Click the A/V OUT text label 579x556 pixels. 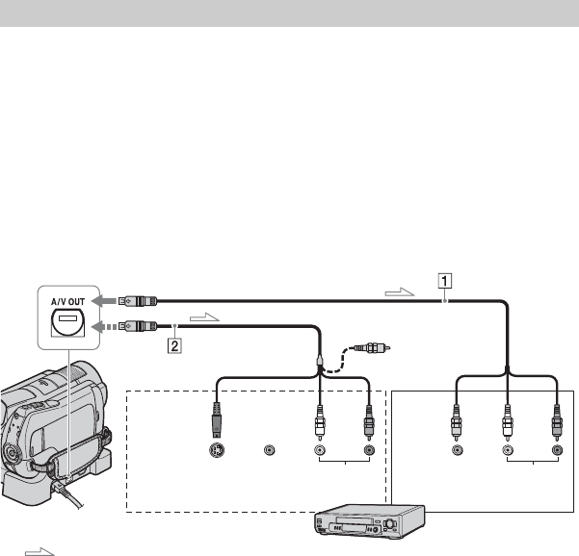click(68, 302)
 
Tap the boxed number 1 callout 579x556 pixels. click(445, 281)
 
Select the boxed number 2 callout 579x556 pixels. click(174, 346)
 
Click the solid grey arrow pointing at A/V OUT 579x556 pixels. click(104, 301)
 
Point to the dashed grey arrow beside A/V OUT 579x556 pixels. click(104, 327)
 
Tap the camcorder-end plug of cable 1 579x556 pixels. click(138, 301)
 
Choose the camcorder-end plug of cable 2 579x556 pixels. click(138, 326)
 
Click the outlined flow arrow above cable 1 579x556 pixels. click(400, 292)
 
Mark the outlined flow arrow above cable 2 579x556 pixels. click(204, 317)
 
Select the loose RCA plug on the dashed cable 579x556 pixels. click(372, 347)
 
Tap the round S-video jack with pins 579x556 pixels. click(217, 450)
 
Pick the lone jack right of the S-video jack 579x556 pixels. click(269, 450)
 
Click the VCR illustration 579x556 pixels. click(369, 521)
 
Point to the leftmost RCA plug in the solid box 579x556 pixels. click(457, 422)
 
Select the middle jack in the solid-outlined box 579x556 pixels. click(508, 450)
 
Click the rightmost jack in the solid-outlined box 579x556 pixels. click(557, 450)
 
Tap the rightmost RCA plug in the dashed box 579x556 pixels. click(369, 422)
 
